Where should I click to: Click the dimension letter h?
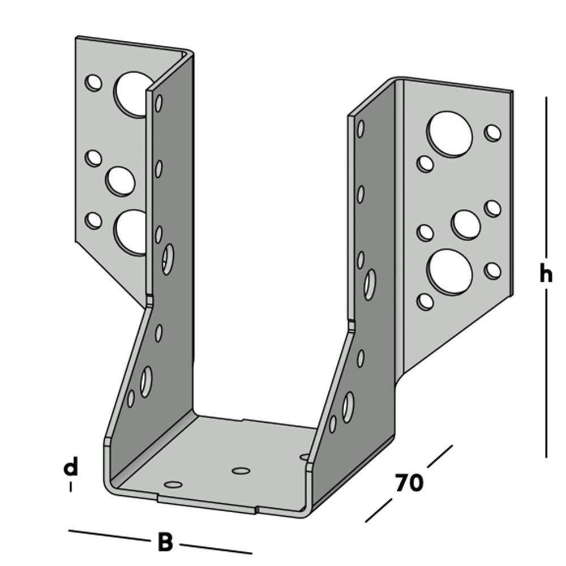pos(545,276)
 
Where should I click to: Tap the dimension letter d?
pos(70,468)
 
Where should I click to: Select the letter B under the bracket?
pos(165,543)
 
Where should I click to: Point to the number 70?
pos(409,483)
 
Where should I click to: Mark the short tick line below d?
pos(70,487)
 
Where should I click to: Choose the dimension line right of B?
pos(216,548)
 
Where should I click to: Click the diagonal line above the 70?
pos(440,457)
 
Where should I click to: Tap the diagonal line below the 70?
pos(379,510)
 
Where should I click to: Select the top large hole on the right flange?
pos(450,134)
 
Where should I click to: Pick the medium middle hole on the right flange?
pos(466,224)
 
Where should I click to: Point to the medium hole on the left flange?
pos(121,181)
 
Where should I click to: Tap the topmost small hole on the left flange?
pos(93,83)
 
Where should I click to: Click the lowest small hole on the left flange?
pos(93,220)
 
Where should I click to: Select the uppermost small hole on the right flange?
pos(493,133)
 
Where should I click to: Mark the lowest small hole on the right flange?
pos(425,301)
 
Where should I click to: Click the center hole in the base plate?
pos(241,470)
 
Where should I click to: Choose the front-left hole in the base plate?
pos(173,484)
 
